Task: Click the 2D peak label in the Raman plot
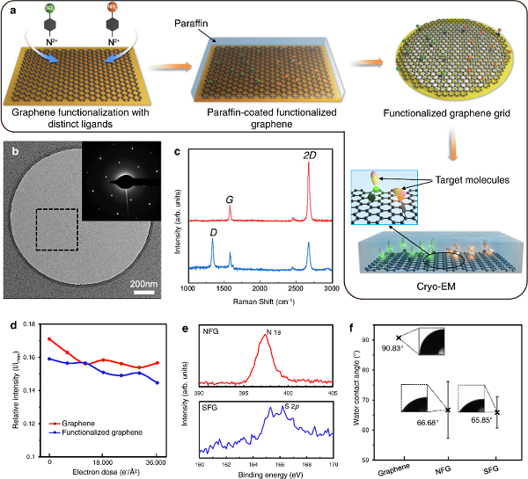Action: tap(310, 156)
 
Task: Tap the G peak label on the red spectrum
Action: tap(230, 200)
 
